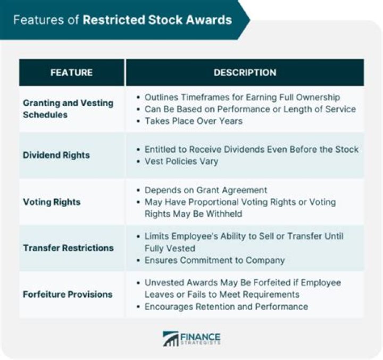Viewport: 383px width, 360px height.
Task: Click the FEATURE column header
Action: [x=71, y=72]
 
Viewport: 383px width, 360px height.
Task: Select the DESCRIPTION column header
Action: [x=245, y=72]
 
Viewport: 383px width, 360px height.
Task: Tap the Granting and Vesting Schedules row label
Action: [x=68, y=109]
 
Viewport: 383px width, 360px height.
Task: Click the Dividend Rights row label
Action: [x=56, y=155]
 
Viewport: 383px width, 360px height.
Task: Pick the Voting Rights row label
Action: [x=52, y=202]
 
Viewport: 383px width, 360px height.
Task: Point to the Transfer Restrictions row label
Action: [x=68, y=248]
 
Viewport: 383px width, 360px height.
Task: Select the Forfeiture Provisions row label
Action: [x=68, y=294]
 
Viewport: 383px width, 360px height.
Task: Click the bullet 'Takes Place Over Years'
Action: [x=194, y=120]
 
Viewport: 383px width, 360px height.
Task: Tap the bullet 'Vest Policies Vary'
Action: [x=181, y=161]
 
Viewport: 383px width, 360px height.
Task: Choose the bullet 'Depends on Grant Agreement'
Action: [x=206, y=190]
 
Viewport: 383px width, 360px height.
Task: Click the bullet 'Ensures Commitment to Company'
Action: [x=214, y=260]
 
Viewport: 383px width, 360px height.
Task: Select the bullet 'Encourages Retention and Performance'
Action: [x=226, y=306]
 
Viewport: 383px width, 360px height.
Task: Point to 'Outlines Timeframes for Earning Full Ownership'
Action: [x=242, y=97]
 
